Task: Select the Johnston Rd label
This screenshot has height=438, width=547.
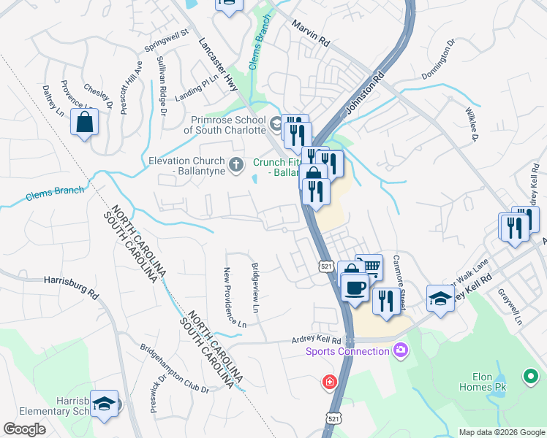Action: [x=363, y=94]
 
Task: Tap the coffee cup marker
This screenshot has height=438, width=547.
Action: [x=355, y=287]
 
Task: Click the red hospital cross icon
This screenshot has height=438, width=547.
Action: [x=330, y=382]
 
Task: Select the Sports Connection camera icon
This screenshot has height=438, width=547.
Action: [x=400, y=351]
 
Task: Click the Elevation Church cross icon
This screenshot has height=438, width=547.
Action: [x=235, y=165]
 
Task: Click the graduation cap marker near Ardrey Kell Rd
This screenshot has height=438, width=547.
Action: [x=440, y=299]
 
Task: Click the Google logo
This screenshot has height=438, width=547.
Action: [x=25, y=429]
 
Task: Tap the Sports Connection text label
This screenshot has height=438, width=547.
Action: [x=347, y=352]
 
